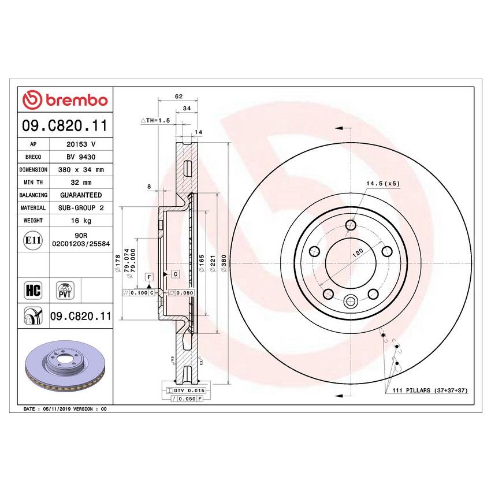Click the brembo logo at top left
point(65,100)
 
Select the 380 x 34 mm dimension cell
point(80,170)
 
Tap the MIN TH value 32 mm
point(80,183)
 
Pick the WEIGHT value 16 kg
point(80,221)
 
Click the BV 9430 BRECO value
point(80,157)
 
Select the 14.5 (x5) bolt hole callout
point(382,183)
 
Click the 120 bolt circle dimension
point(358,252)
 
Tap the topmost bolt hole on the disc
point(350,225)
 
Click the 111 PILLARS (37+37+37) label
point(426,391)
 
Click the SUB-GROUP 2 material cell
point(80,208)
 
